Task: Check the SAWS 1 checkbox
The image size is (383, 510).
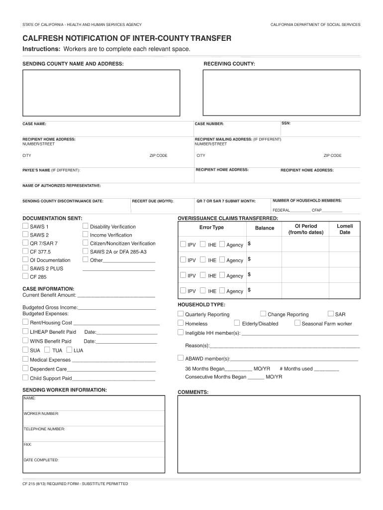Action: coord(25,227)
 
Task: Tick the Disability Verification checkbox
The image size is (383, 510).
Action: coord(86,227)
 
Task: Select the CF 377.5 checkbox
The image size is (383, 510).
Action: coord(25,252)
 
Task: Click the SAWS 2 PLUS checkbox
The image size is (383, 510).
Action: coord(25,268)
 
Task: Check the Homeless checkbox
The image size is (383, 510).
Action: coord(181,323)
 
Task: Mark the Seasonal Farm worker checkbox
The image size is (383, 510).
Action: coord(297,323)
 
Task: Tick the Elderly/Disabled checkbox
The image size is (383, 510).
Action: coord(237,323)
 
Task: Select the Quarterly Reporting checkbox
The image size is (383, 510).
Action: coord(181,314)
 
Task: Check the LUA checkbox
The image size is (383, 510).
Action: coord(69,350)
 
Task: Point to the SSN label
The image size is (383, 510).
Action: coord(286,123)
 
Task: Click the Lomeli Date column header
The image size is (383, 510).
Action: coord(345,229)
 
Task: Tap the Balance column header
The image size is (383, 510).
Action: coord(265,228)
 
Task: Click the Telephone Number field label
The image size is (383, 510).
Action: coord(44,429)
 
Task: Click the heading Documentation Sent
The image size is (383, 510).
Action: coord(52,218)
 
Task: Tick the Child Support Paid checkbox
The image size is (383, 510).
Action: coord(25,378)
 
